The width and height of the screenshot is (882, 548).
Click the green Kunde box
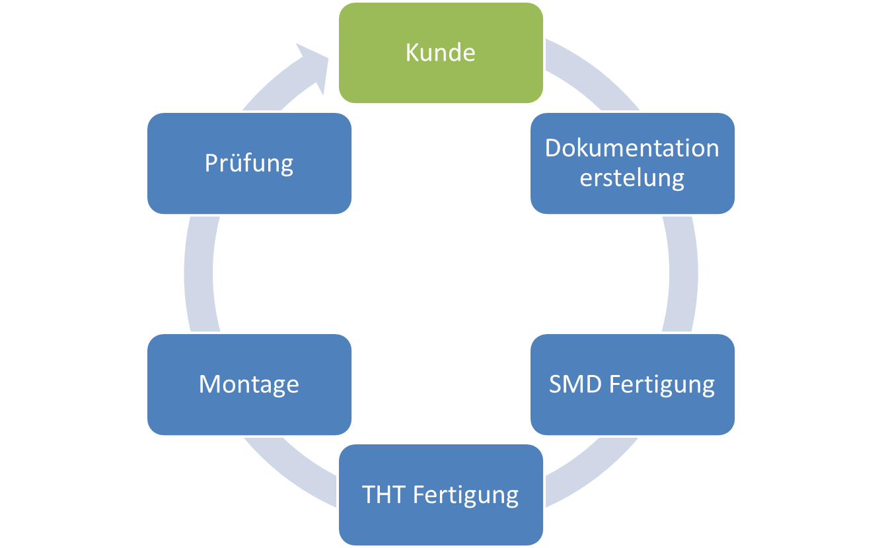pos(441,53)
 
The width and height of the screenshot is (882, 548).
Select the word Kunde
pos(441,52)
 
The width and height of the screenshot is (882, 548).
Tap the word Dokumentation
pos(632,148)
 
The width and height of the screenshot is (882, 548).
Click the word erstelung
pos(632,178)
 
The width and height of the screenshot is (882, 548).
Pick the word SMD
pos(575,384)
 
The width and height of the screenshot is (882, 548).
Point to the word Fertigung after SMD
pos(662,385)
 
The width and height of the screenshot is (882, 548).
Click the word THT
pos(383,495)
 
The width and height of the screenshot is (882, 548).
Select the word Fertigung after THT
pos(466,496)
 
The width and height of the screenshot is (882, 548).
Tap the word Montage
pos(249,385)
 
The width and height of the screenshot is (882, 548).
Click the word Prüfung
pos(249,164)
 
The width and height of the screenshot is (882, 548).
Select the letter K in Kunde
pos(412,52)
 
